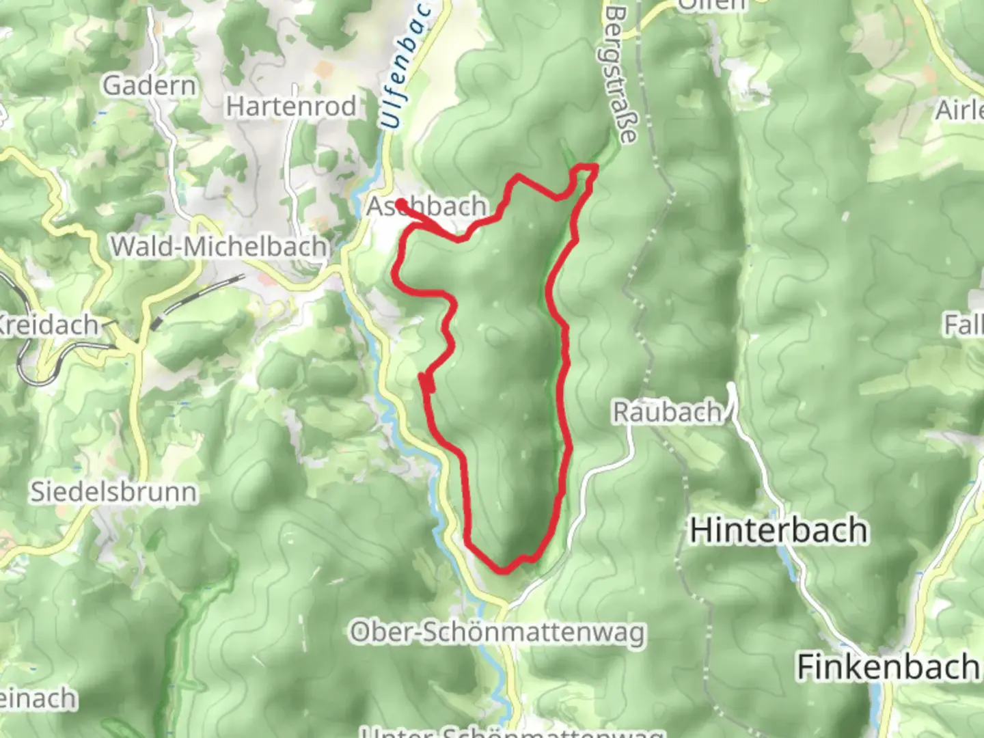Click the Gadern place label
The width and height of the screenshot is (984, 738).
click(150, 85)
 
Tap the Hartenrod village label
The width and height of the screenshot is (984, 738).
click(292, 106)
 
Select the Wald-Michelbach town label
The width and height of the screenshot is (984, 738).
click(219, 246)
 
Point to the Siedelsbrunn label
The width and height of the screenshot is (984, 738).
click(113, 491)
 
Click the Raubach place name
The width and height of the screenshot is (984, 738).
click(667, 411)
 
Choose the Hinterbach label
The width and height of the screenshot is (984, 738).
click(778, 530)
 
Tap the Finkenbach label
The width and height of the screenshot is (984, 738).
click(887, 666)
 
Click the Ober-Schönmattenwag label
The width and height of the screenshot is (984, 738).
click(497, 633)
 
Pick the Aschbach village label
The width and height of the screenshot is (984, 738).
click(428, 206)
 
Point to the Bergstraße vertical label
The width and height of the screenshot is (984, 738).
click(620, 75)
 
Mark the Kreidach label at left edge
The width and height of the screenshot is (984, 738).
click(48, 325)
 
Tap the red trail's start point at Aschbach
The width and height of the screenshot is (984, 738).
click(400, 203)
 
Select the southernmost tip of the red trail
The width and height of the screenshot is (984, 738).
click(503, 570)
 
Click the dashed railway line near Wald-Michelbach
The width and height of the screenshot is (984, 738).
click(198, 299)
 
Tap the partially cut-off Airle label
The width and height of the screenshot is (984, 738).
click(960, 109)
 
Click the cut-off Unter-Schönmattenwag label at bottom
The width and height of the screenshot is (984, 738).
click(512, 731)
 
